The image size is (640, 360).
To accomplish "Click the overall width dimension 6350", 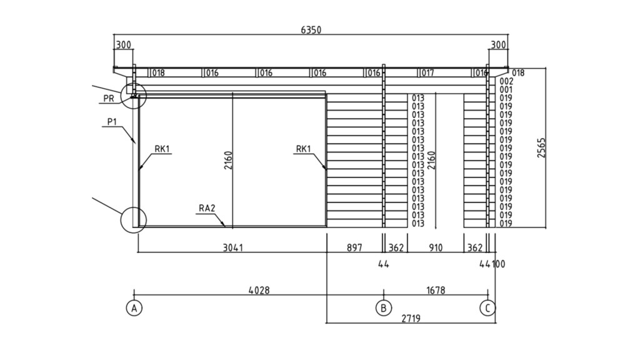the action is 311,30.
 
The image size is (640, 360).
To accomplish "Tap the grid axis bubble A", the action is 134,308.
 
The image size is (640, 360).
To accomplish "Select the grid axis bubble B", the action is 383,308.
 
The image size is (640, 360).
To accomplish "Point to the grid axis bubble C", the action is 487,308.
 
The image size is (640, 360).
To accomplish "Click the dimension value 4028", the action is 259,290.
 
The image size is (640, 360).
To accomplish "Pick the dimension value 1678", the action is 436,290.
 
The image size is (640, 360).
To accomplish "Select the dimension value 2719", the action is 411,318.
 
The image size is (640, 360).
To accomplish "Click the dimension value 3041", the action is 232,247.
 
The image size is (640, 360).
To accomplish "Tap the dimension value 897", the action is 354,247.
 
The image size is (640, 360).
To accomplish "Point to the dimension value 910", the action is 436,247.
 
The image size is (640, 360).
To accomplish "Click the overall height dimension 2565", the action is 541,147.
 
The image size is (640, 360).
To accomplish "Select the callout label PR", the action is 109,99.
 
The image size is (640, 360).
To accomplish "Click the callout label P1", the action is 112,122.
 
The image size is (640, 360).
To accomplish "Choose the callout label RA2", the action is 207,208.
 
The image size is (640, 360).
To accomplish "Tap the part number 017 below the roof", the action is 427,73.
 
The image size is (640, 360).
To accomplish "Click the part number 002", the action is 506,81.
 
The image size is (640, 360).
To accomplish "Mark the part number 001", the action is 506,90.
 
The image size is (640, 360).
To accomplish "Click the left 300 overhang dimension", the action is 124,44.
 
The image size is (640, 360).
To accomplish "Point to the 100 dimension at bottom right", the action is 499,264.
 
